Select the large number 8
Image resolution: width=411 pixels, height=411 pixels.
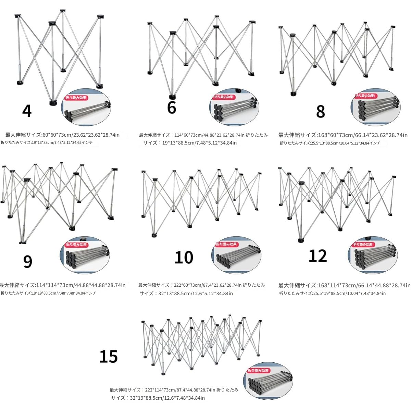click(x=320, y=111)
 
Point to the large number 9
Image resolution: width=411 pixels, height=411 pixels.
click(x=27, y=261)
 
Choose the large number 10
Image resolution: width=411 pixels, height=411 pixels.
click(x=184, y=258)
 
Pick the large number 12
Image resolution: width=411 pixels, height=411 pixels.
click(x=317, y=256)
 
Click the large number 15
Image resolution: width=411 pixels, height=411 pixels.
click(x=109, y=357)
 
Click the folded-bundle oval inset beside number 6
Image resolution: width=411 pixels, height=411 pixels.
click(x=234, y=108)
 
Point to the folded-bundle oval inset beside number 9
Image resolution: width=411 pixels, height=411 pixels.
click(x=85, y=255)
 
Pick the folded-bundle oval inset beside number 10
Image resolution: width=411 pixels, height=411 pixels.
click(x=236, y=255)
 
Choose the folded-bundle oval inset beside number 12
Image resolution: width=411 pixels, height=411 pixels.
click(x=372, y=255)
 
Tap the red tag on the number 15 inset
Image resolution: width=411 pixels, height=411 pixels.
click(x=259, y=371)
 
